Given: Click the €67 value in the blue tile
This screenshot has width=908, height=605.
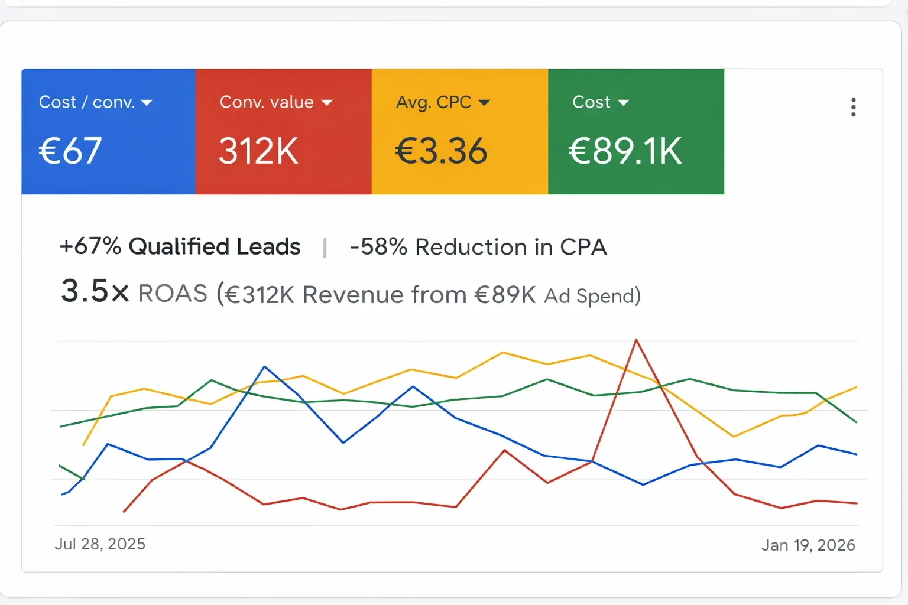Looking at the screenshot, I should [x=70, y=151].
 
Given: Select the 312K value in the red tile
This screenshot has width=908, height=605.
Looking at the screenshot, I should [x=258, y=151].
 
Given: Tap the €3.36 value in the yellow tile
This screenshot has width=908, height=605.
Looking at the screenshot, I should [x=441, y=151].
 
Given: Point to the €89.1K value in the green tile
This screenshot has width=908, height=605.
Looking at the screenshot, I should [x=625, y=151].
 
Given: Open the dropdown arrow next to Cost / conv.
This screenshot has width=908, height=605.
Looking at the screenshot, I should [x=147, y=103].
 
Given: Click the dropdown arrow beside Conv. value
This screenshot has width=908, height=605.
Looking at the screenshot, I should [x=327, y=103].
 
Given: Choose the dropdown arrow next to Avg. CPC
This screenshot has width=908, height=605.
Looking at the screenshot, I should [x=484, y=103].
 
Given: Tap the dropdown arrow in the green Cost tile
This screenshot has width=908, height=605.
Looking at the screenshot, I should [x=623, y=103].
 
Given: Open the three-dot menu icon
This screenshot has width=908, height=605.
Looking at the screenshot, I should [x=853, y=107].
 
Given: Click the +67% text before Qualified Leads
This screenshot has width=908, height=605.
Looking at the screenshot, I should [x=90, y=246].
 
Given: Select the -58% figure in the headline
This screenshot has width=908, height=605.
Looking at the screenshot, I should [x=378, y=247].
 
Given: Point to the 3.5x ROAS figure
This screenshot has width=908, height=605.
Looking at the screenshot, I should [x=95, y=291].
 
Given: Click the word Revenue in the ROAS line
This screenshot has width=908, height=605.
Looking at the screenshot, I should [x=355, y=295].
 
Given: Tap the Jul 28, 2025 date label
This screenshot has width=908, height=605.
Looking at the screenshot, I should [x=100, y=544].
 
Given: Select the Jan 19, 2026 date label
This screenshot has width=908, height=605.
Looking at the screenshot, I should [x=808, y=545].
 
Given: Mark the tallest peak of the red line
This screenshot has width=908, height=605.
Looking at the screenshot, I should [x=636, y=340].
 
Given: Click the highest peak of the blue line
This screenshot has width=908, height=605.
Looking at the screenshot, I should [x=264, y=367].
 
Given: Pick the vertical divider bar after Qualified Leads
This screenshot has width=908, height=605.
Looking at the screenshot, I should [x=325, y=248].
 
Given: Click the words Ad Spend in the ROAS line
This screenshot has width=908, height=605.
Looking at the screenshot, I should [x=592, y=295].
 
